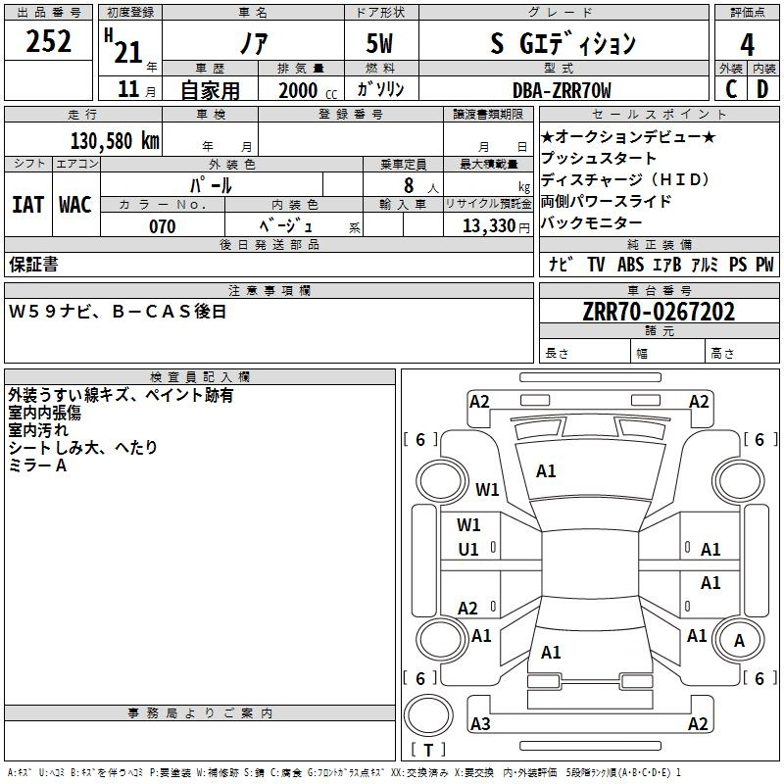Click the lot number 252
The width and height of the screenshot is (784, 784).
(x=48, y=41)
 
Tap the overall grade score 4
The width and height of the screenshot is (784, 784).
(x=747, y=44)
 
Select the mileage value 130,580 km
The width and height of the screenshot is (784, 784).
(x=115, y=140)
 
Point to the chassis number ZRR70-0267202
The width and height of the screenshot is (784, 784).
(x=659, y=312)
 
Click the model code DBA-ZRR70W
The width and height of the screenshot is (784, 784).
(x=562, y=90)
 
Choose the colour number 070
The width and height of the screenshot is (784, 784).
(x=163, y=226)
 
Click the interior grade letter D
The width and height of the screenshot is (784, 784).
(x=762, y=89)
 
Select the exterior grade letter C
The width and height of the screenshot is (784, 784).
(x=731, y=89)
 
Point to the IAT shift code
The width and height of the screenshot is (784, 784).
(x=27, y=205)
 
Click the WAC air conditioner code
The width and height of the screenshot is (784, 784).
(x=75, y=205)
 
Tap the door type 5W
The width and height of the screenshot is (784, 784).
(x=379, y=43)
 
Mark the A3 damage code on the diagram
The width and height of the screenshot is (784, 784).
(x=480, y=723)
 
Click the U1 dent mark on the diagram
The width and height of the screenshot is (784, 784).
(x=468, y=550)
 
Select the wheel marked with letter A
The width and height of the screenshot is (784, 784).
(x=739, y=640)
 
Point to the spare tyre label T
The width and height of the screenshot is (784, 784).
(x=428, y=750)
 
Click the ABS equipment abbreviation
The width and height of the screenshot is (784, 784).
(x=630, y=264)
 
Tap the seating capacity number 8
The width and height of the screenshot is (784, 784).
(x=409, y=185)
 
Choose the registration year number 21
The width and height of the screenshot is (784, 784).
(x=128, y=52)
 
